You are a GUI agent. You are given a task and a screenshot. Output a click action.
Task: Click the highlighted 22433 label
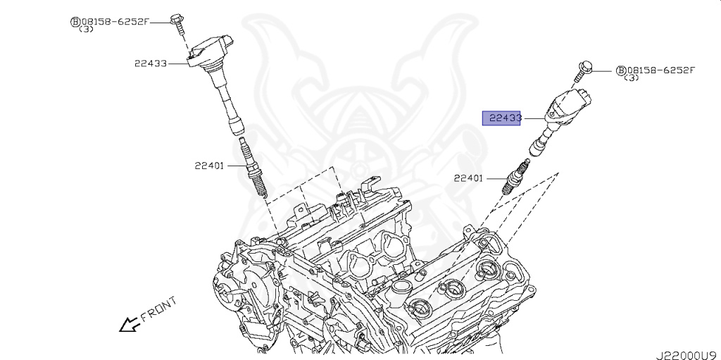coord(501,118)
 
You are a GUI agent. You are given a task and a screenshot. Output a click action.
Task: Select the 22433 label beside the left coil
coord(151,63)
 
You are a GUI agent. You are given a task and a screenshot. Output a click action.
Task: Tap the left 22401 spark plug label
coord(210,166)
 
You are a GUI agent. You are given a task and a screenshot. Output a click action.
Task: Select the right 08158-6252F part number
coord(660,70)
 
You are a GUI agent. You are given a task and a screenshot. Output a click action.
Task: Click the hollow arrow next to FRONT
coord(128,324)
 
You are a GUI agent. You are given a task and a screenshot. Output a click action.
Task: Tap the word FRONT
coord(158,310)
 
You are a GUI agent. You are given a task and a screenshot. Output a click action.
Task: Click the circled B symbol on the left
coord(74,22)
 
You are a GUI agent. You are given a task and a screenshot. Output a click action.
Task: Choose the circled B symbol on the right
coord(620,70)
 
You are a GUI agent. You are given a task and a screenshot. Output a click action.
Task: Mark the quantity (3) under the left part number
coord(87,30)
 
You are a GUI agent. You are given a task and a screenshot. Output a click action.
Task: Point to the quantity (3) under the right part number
coord(632,77)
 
